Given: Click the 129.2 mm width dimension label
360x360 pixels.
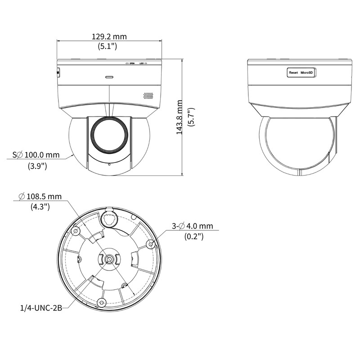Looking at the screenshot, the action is tap(109, 37).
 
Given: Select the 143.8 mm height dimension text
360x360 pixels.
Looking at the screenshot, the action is tap(179, 117).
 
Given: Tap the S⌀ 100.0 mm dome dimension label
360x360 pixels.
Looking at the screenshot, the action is tap(36, 155).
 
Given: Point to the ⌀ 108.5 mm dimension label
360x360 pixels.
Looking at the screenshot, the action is tap(40, 197).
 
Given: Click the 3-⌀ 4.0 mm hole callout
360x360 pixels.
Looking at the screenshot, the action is tap(193, 226).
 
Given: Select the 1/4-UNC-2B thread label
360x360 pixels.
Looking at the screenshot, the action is tap(41, 308).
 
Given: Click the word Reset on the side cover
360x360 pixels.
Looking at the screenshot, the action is tap(293, 72).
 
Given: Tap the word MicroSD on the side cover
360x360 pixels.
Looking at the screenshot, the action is tap(307, 72).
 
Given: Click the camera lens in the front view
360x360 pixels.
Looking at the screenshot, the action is tap(109, 135).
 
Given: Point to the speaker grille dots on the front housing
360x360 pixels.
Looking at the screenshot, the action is tap(148, 96).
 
